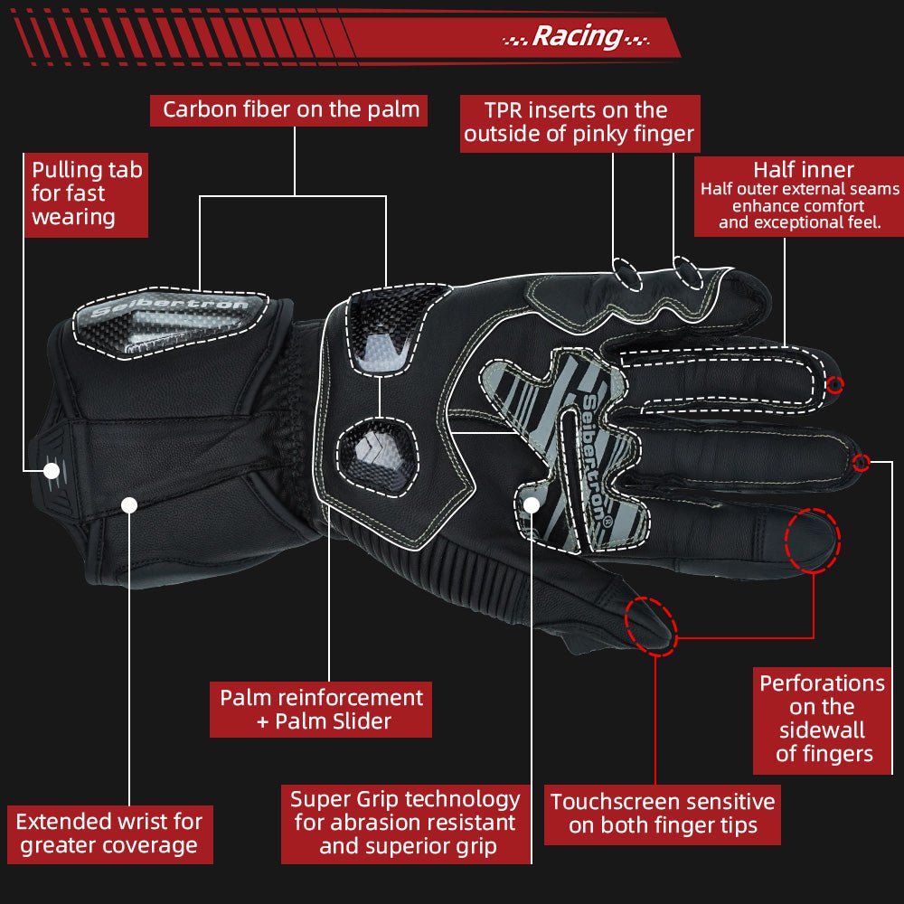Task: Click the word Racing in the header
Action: click(577, 36)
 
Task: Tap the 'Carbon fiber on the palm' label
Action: click(291, 110)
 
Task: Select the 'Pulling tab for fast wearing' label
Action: click(86, 193)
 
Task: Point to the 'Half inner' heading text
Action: click(803, 170)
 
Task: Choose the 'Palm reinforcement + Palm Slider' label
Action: click(321, 710)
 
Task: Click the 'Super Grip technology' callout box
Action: click(404, 823)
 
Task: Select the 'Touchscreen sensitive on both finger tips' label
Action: click(663, 814)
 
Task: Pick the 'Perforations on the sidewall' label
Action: click(823, 719)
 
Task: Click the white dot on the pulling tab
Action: click(52, 471)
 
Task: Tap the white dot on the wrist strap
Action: click(129, 504)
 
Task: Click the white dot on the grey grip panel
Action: click(532, 505)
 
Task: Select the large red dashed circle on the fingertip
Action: click(812, 541)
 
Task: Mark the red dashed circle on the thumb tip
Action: click(651, 626)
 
